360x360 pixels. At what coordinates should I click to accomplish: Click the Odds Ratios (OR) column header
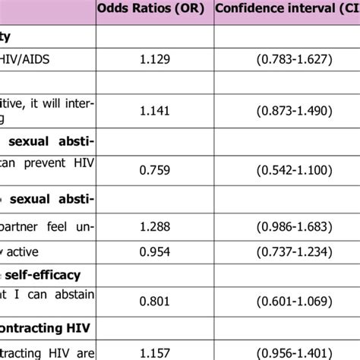point(154,10)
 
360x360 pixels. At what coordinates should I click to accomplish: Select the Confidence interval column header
point(287,10)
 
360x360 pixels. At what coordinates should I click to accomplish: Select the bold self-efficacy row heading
point(42,275)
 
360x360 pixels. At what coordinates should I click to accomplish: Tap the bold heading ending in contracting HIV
point(38,327)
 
